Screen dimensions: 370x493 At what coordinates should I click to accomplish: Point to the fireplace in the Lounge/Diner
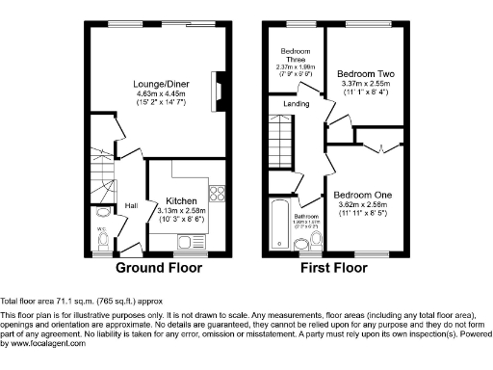(219, 93)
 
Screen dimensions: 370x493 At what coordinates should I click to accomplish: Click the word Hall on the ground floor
(129, 204)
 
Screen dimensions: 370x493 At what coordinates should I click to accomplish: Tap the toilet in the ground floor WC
(105, 235)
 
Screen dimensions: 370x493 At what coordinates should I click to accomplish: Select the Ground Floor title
(159, 267)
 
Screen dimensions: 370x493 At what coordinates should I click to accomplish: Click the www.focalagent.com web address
(44, 343)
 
